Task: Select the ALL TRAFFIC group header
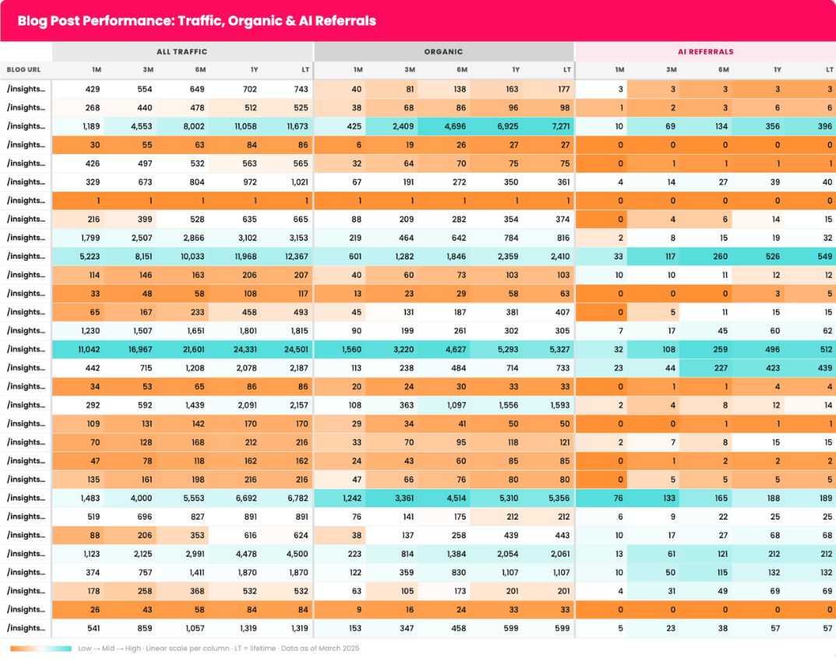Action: coord(182,51)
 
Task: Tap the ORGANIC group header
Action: coord(444,51)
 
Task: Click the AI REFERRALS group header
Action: coord(704,51)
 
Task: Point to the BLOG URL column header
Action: coord(25,69)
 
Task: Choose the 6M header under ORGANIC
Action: coord(462,69)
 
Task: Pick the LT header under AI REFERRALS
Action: coord(829,69)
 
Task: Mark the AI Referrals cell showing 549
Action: coord(824,256)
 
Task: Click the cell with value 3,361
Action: coord(401,499)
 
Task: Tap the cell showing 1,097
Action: coord(453,406)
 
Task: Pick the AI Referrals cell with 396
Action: coord(824,126)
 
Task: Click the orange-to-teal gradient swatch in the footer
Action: coord(40,648)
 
